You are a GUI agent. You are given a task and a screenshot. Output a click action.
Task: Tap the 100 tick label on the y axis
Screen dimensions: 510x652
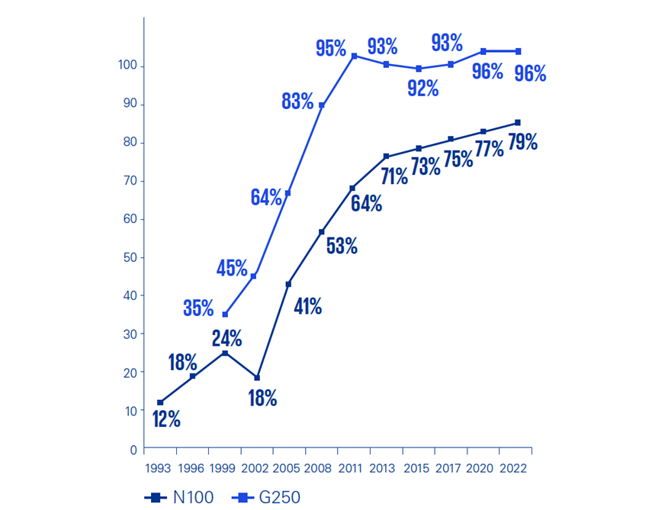127,66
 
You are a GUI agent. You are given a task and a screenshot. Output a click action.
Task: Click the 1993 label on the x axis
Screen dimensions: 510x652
159,466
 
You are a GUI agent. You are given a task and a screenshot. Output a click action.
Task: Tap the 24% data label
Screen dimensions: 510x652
226,337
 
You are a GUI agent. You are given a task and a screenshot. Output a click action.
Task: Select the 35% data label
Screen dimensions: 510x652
198,308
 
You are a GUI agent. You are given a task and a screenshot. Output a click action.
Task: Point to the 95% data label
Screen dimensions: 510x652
331,48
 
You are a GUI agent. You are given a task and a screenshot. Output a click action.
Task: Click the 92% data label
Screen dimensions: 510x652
422,88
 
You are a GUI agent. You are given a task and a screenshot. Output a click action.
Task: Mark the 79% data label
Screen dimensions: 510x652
522,141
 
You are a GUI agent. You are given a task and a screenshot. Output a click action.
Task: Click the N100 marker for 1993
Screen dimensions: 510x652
160,402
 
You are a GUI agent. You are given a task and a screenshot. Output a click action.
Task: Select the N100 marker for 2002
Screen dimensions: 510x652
257,378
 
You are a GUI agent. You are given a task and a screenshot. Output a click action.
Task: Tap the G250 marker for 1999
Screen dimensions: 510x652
225,315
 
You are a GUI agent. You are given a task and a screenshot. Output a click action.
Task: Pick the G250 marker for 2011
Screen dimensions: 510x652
354,56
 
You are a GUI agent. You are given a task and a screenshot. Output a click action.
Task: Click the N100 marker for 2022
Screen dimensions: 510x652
518,122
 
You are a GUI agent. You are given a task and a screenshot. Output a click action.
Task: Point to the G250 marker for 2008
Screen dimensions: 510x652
321,105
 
